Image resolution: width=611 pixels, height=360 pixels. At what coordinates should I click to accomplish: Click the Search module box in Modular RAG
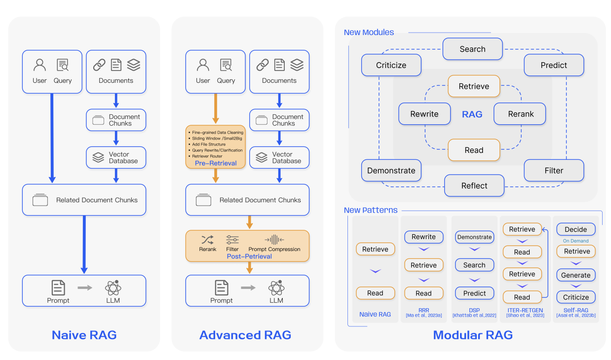coord(472,49)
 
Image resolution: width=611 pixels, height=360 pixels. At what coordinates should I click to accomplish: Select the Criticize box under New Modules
coord(391,65)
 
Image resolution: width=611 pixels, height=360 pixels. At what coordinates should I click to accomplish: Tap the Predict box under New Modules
coord(554,65)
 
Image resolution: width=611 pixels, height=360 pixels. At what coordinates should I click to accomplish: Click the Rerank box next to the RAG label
coord(521,114)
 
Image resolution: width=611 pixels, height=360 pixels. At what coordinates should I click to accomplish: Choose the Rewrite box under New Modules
coord(424,114)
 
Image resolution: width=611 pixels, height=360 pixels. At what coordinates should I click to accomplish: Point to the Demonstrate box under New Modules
coord(391,171)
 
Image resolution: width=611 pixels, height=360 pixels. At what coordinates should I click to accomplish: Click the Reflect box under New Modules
coord(474,186)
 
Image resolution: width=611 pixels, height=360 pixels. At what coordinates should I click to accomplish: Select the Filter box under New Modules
coord(554,171)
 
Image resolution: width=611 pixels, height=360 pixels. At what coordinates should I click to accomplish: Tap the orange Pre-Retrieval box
coord(216,147)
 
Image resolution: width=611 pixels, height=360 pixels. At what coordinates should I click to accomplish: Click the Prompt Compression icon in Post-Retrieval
coord(274,240)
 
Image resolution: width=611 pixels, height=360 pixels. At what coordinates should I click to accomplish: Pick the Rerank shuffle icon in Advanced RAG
coord(207,240)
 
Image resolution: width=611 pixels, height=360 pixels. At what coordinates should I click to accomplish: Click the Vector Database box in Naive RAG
coord(116,158)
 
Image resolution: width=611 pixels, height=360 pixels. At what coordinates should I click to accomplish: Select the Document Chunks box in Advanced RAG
coord(279,120)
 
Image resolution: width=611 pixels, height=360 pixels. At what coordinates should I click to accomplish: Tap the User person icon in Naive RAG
coord(39,65)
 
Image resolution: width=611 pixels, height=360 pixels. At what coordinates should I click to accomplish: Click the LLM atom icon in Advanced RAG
coord(276,288)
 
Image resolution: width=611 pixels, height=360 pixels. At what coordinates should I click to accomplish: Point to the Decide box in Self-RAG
coord(576,229)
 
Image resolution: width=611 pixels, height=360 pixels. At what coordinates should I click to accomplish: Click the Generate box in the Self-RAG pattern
coord(576,275)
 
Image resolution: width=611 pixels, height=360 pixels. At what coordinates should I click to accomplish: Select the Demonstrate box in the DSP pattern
coord(474,237)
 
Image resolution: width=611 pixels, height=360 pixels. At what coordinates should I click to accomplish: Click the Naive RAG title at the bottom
coord(84,335)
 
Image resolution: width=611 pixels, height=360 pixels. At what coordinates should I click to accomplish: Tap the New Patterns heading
coord(371,210)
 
